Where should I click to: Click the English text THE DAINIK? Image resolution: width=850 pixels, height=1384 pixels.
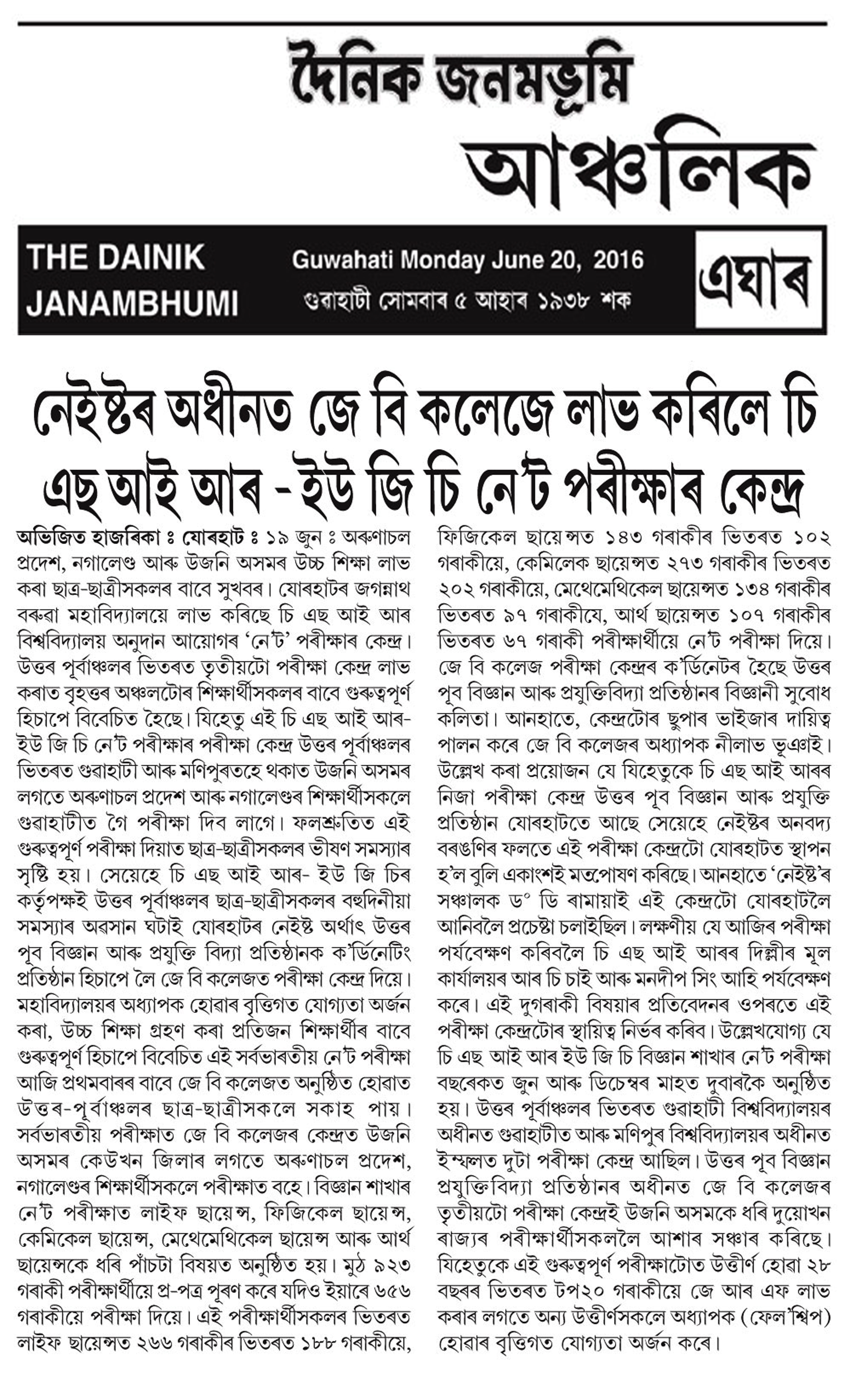point(115,258)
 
